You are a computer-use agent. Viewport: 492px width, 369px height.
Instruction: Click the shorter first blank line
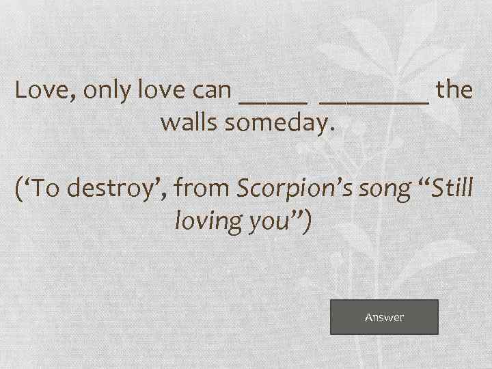pyautogui.click(x=273, y=100)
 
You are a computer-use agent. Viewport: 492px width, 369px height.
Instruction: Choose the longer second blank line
pyautogui.click(x=374, y=100)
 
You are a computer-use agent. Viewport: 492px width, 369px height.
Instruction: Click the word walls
pyautogui.click(x=190, y=124)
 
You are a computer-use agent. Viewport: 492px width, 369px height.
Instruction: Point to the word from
pyautogui.click(x=203, y=188)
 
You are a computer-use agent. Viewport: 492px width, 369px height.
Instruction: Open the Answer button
pyautogui.click(x=384, y=317)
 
